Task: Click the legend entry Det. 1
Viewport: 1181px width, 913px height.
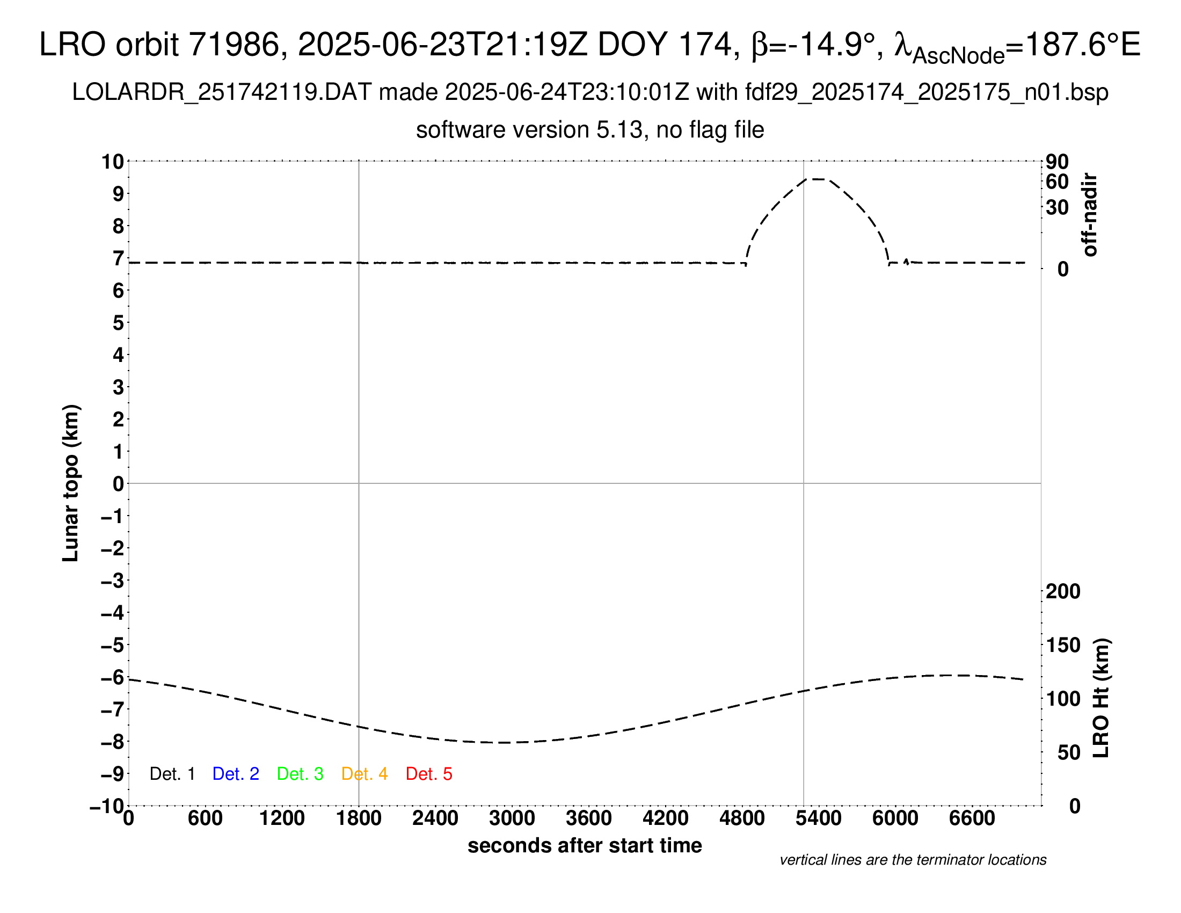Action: (x=172, y=774)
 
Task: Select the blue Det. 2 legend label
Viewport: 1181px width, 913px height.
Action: (x=236, y=774)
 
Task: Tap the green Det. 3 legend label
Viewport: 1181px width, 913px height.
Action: (x=300, y=774)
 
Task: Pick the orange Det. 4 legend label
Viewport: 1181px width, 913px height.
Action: (x=364, y=774)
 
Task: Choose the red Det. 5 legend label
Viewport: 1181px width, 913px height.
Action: (x=429, y=774)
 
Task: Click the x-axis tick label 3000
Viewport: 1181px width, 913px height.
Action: (x=512, y=818)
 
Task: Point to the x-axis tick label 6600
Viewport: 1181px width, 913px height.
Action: (x=972, y=818)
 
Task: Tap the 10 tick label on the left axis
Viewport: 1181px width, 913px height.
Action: (x=113, y=162)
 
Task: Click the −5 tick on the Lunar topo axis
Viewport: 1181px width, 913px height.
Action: (x=113, y=645)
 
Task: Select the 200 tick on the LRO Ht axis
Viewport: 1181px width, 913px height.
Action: (x=1062, y=592)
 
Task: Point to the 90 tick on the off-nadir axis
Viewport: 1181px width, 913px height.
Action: (x=1056, y=162)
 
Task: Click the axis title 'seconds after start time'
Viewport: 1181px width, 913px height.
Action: (x=585, y=845)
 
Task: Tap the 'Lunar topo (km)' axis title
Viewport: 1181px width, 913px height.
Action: (x=71, y=483)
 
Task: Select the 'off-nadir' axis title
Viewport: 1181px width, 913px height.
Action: (x=1090, y=215)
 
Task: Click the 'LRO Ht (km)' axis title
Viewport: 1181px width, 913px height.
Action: (x=1101, y=698)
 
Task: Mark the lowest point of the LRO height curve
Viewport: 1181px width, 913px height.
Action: (x=506, y=743)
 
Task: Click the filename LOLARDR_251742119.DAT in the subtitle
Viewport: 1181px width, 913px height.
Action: (x=222, y=92)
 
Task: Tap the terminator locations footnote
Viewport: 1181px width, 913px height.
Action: (x=913, y=860)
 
